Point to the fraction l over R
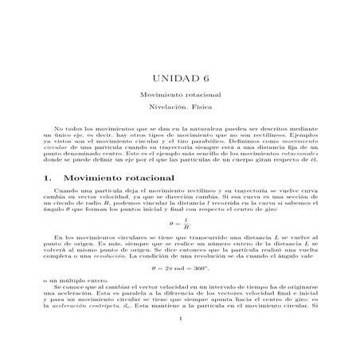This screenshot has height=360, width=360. click(185, 225)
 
